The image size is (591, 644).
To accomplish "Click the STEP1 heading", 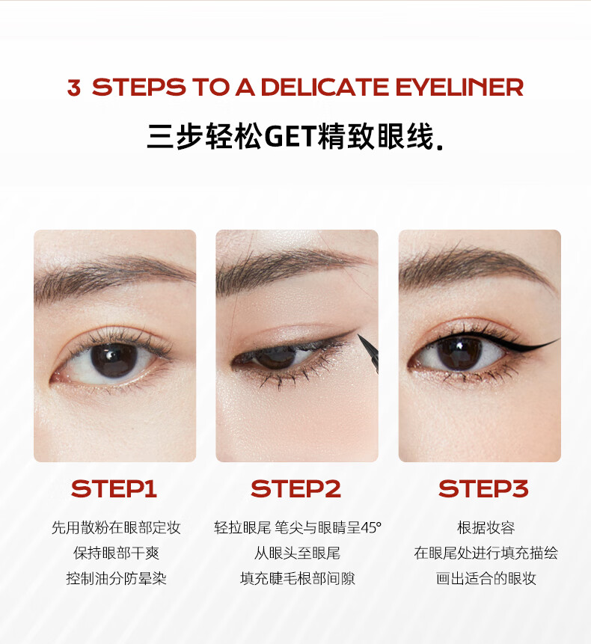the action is click(114, 488).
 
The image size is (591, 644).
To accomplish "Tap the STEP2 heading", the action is click(295, 488).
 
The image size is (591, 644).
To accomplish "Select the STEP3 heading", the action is click(483, 488).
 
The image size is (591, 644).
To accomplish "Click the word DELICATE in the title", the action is click(325, 87).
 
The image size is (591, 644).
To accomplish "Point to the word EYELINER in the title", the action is click(459, 87).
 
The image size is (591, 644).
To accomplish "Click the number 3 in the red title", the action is click(74, 88).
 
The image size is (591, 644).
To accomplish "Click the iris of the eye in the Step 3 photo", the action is click(459, 353).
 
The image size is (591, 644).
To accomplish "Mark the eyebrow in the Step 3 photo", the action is click(477, 267).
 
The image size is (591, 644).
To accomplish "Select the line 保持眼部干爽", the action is click(116, 553).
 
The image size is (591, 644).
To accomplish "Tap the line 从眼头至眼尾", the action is click(297, 553).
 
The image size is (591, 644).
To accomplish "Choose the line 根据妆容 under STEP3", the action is click(486, 527).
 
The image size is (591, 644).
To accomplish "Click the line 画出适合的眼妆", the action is click(486, 578).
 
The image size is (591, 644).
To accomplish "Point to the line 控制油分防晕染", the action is click(116, 578).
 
